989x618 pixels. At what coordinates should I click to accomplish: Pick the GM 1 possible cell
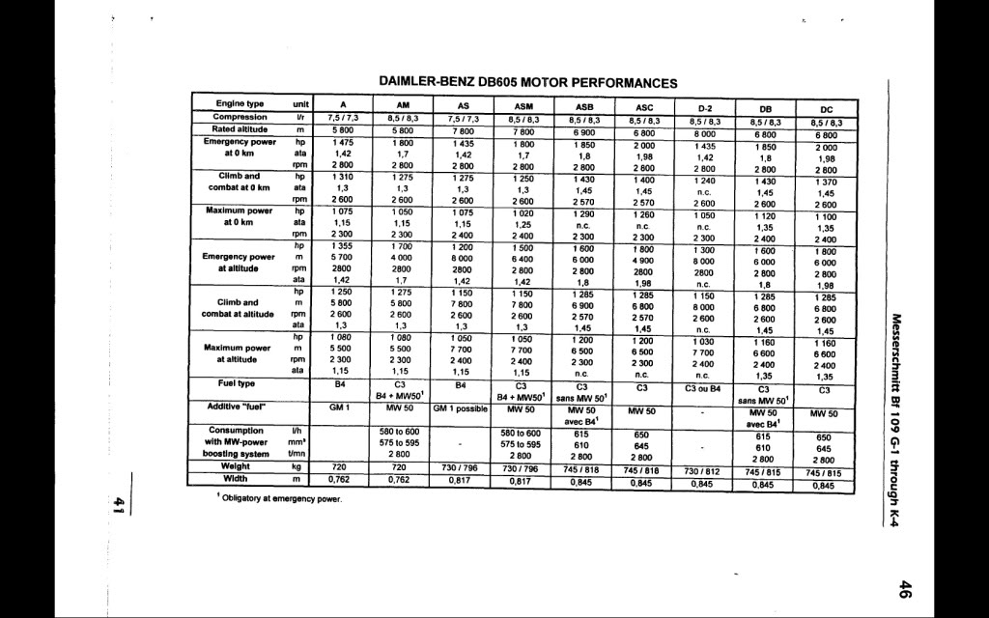coord(463,407)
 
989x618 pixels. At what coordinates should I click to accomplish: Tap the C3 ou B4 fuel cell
coord(703,388)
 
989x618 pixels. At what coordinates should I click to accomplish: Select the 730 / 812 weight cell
coord(703,470)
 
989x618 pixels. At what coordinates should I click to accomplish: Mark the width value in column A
coord(338,477)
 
